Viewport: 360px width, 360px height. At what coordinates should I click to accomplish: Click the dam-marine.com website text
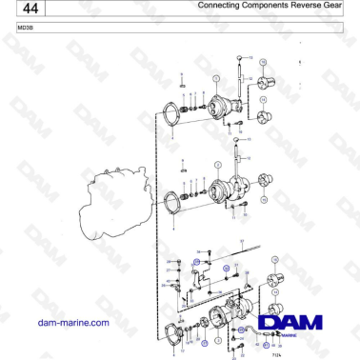click(x=71, y=323)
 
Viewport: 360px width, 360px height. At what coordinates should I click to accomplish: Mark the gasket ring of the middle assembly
click(x=172, y=203)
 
